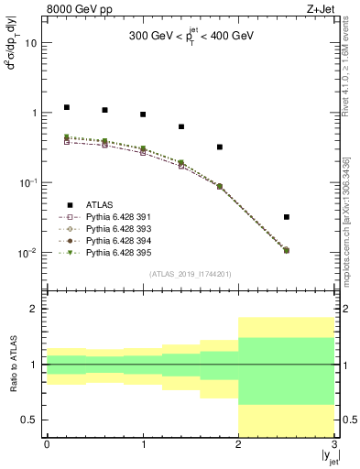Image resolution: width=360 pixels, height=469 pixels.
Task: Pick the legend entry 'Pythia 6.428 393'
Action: (116, 228)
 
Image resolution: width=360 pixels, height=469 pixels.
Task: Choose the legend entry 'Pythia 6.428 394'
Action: (116, 239)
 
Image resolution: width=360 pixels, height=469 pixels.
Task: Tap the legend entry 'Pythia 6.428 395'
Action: (116, 251)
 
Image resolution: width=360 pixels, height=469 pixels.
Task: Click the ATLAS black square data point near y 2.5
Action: (287, 217)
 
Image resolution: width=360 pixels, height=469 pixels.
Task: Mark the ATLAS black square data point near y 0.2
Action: (66, 107)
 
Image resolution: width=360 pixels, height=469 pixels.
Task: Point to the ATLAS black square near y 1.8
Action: (220, 147)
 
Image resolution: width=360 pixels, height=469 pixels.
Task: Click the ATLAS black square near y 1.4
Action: (181, 126)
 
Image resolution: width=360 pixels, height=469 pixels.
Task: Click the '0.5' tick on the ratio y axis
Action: (30, 420)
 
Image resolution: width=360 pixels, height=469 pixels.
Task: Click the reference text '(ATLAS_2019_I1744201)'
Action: (191, 275)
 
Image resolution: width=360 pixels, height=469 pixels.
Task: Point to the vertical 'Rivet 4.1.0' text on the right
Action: (352, 82)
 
